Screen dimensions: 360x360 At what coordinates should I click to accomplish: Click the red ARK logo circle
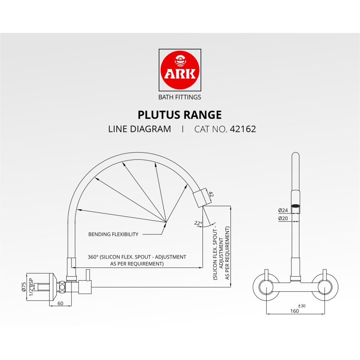(x=180, y=70)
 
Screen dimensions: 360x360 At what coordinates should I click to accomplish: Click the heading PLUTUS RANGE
(x=180, y=115)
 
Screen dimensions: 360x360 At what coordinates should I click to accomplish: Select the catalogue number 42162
(x=243, y=129)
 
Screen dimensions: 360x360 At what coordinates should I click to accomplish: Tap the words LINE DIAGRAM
(x=140, y=129)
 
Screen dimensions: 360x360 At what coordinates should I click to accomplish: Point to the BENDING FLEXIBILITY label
(x=113, y=234)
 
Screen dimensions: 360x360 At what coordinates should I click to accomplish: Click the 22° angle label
(x=198, y=223)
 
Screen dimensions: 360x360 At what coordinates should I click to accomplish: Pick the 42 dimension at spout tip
(x=211, y=195)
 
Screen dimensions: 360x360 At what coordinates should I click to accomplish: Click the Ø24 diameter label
(x=283, y=210)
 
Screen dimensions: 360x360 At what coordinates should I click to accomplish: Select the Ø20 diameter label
(x=283, y=219)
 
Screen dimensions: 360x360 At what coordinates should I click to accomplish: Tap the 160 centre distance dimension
(x=294, y=311)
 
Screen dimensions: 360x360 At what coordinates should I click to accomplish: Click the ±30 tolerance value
(x=302, y=306)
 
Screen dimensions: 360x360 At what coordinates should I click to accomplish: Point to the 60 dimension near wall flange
(x=60, y=303)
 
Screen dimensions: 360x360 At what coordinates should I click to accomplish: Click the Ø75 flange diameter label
(x=24, y=287)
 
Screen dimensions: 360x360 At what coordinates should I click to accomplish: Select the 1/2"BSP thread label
(x=31, y=287)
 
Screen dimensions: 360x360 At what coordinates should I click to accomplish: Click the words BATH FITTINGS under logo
(x=180, y=97)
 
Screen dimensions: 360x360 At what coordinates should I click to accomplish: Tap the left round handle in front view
(x=266, y=287)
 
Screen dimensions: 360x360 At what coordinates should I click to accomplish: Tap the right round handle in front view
(x=325, y=287)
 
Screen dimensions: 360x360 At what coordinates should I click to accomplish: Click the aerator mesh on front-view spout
(x=295, y=206)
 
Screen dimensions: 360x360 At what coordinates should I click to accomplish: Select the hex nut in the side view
(x=62, y=287)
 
